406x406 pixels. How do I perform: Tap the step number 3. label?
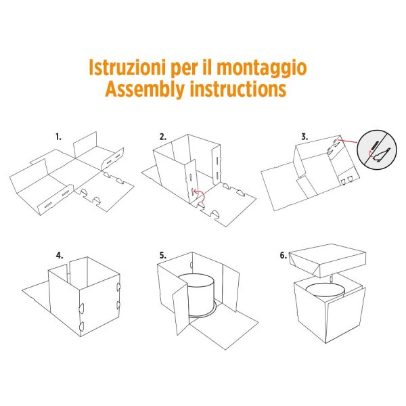304,136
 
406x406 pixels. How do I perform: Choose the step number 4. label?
60,256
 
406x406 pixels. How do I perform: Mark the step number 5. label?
162,256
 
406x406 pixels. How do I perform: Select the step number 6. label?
283,256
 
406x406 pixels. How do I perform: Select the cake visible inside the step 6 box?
325,291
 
